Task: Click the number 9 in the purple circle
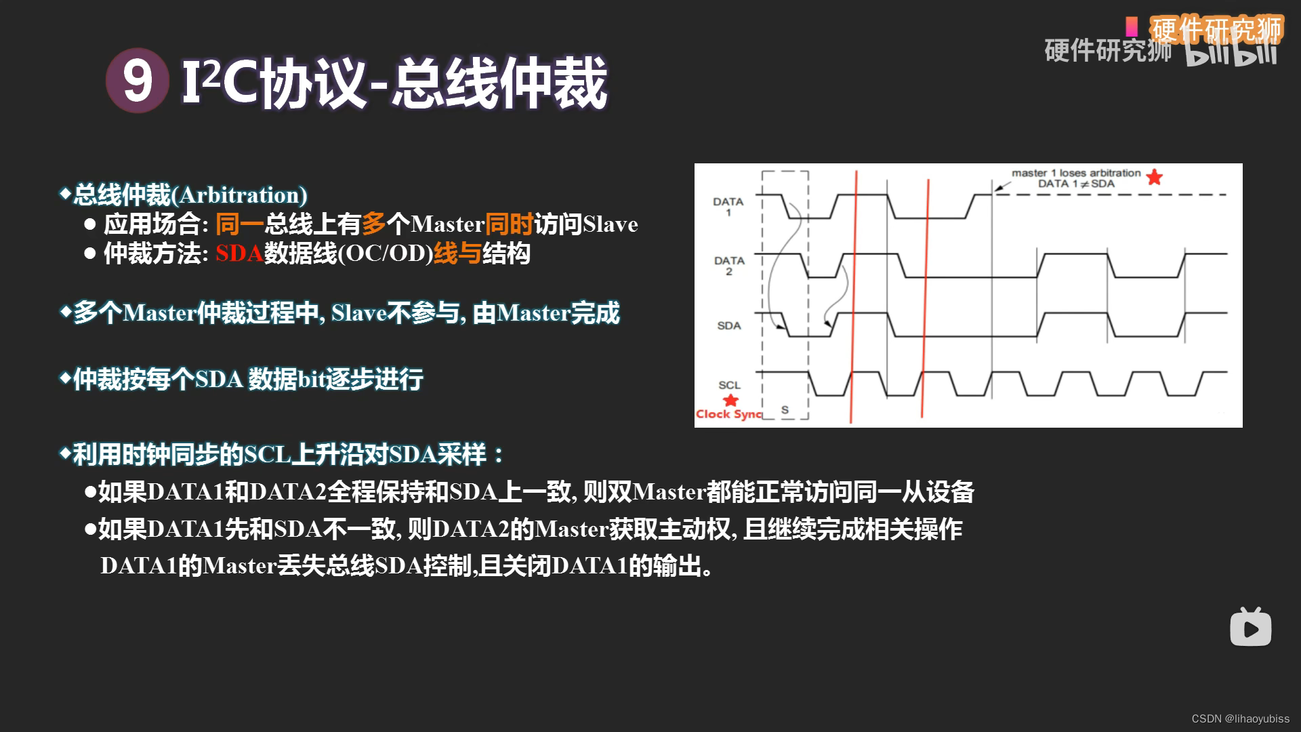click(x=137, y=81)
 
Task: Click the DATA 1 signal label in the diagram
click(x=728, y=207)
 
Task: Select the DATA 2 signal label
click(x=728, y=266)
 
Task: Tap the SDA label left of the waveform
click(x=729, y=325)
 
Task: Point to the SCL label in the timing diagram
click(x=729, y=385)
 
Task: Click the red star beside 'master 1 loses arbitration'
click(x=1155, y=178)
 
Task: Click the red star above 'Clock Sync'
click(x=730, y=400)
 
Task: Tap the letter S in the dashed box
click(x=785, y=410)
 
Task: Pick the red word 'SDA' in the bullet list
click(x=239, y=253)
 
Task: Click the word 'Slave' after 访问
click(x=610, y=224)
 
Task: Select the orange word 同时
click(x=509, y=224)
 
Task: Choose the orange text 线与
click(x=457, y=253)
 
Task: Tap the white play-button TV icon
click(x=1250, y=628)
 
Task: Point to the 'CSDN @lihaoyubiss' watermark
click(x=1240, y=718)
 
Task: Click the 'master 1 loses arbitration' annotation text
click(x=1076, y=174)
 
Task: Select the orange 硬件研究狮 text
click(x=1217, y=28)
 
